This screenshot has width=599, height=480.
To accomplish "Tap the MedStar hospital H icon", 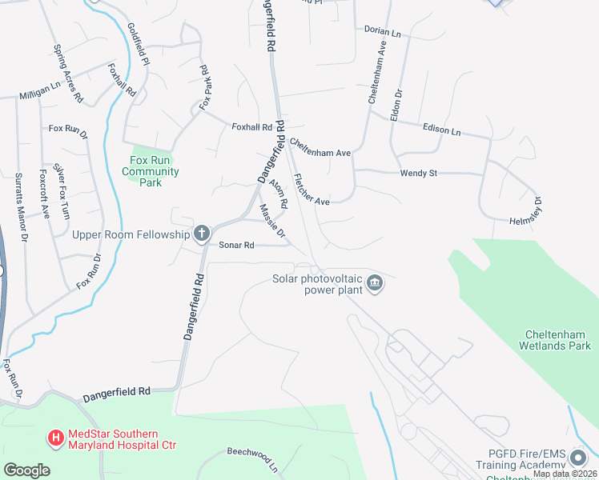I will tap(55, 438).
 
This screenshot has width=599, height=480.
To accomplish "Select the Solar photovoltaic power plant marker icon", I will tap(374, 283).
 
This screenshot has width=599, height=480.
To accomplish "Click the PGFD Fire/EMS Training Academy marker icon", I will tap(578, 458).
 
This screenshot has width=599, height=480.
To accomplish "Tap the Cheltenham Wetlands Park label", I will tap(558, 341).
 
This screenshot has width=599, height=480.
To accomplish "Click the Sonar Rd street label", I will tap(237, 245).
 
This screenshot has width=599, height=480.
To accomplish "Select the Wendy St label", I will tap(417, 173).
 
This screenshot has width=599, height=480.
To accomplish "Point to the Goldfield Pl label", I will tap(139, 44).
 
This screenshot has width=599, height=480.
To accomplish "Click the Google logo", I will tap(26, 470).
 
